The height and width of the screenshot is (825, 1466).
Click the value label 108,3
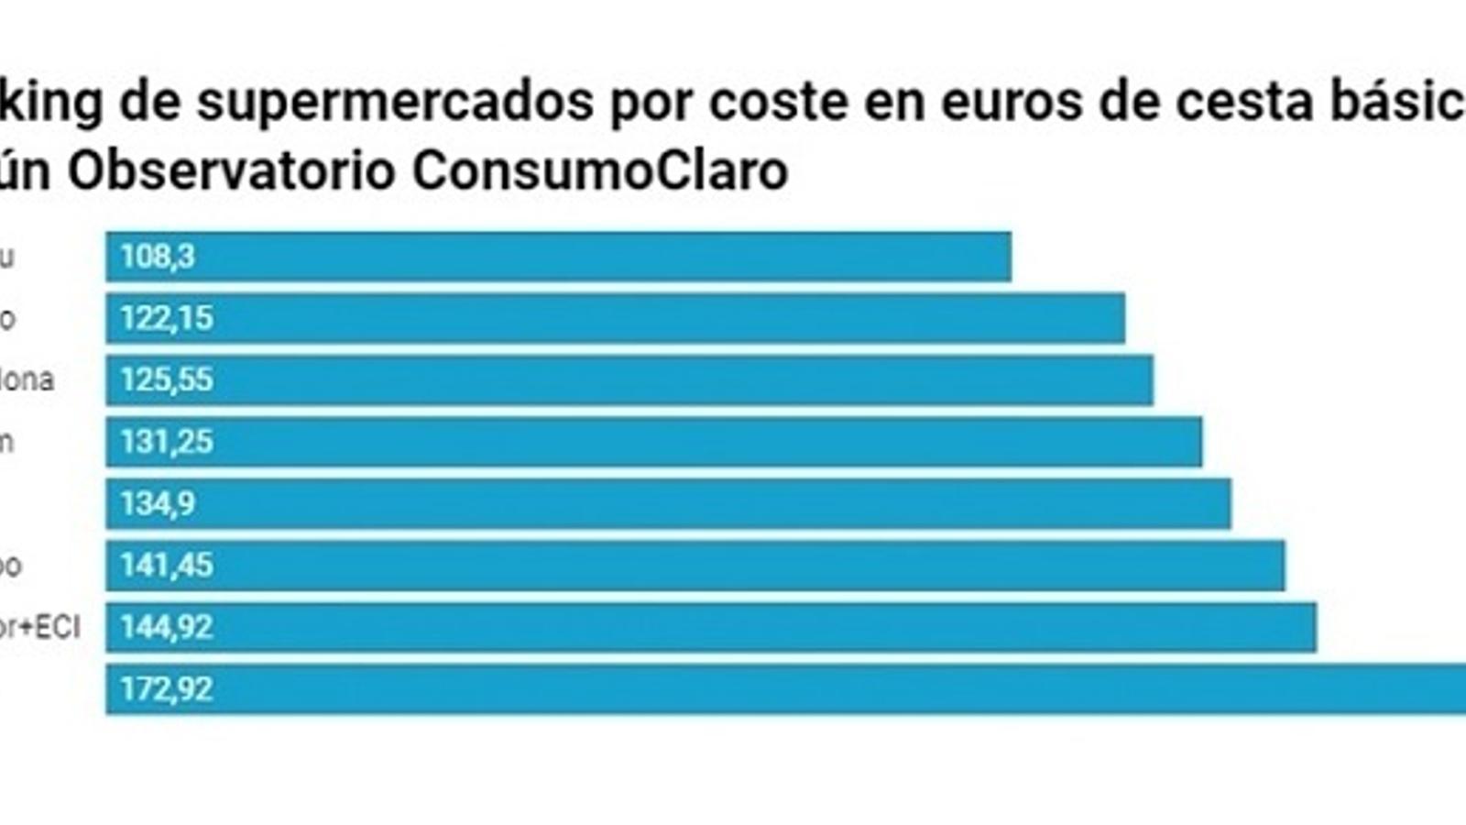[x=158, y=257]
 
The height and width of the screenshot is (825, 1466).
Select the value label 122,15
[x=167, y=318]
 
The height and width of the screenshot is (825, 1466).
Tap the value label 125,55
[x=167, y=379]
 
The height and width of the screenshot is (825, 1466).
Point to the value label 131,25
[x=167, y=442]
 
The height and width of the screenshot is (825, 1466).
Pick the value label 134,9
[x=158, y=503]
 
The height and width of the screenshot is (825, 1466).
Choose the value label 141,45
[x=167, y=566]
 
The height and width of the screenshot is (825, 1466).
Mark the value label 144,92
[x=167, y=627]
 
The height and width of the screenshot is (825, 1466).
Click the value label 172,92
[x=167, y=688]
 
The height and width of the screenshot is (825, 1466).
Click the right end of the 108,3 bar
[x=1009, y=257]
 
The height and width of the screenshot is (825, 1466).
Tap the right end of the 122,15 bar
[x=1122, y=318]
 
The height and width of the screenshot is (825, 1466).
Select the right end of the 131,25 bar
[x=1199, y=442]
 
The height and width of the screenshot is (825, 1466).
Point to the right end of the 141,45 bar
[x=1282, y=566]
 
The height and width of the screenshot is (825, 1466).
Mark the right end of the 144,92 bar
[x=1314, y=627]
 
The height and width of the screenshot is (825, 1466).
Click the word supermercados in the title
[x=395, y=103]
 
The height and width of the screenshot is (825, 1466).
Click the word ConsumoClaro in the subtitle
[x=599, y=170]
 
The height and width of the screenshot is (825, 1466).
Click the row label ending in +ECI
[x=40, y=627]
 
